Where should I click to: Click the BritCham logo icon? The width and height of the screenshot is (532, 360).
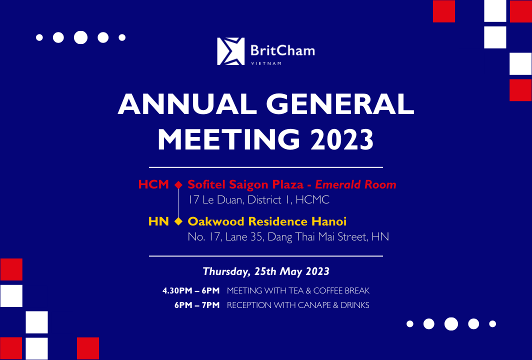tap(230, 51)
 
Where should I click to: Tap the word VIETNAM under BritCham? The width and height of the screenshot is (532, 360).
tap(266, 63)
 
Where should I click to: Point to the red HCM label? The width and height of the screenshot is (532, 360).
tap(153, 184)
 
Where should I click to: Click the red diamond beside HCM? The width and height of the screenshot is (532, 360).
tap(178, 184)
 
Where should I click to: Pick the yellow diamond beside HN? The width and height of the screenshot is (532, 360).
tap(178, 221)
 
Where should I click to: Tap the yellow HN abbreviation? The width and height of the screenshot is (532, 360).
tap(158, 221)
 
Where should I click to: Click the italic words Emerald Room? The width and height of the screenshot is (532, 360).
tap(355, 184)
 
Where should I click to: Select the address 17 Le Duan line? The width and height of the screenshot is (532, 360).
tap(258, 199)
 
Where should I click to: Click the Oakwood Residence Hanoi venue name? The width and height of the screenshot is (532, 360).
tap(267, 221)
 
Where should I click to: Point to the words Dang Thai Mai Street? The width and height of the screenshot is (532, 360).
tap(317, 236)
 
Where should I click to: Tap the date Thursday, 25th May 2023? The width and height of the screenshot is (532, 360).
tap(266, 271)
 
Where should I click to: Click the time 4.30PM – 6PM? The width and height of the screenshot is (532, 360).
tap(191, 291)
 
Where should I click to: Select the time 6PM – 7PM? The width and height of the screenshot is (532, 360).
tap(197, 305)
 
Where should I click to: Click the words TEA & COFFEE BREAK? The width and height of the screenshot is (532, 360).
tap(329, 291)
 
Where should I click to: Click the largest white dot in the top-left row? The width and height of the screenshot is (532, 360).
tap(81, 37)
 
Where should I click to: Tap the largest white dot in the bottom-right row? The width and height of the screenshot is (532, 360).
tap(451, 324)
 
